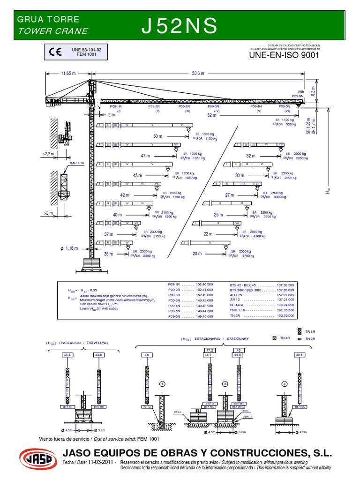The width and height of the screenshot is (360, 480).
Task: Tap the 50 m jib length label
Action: (157, 136)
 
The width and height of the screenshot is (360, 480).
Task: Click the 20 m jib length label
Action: (197, 254)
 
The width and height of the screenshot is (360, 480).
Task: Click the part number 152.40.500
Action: (203, 285)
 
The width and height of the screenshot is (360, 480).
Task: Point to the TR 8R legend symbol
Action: (300, 331)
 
